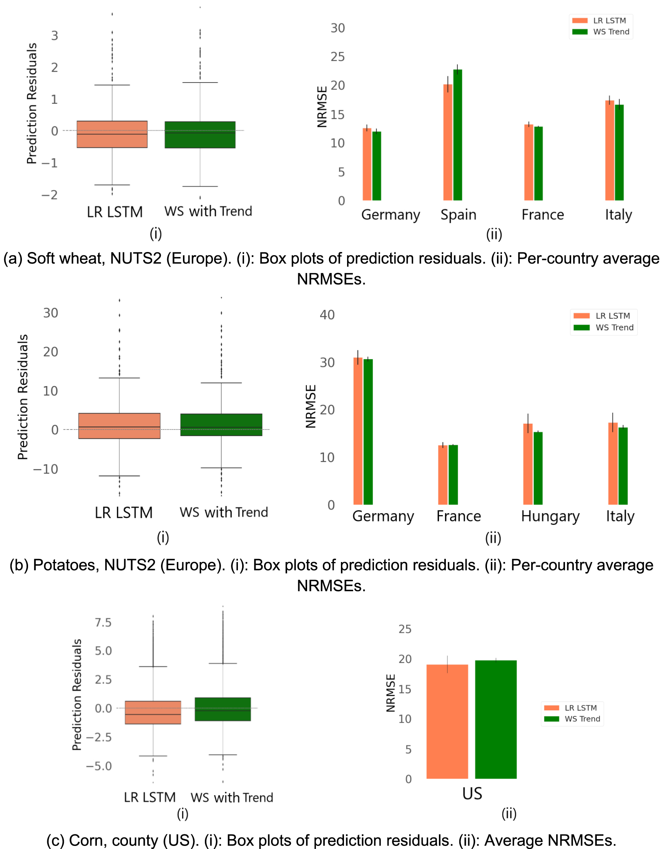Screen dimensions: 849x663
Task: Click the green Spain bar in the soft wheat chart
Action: pos(458,136)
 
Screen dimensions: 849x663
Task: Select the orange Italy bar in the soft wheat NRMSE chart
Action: pos(609,152)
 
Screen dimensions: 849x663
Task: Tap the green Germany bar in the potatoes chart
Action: pos(368,431)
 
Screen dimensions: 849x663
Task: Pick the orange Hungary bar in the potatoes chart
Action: pos(528,464)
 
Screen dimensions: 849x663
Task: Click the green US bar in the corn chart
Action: pos(496,719)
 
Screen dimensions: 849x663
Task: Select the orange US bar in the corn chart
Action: pos(447,721)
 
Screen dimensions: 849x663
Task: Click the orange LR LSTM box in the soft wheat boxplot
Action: pos(112,134)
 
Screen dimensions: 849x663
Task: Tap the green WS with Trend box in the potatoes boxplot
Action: pos(221,424)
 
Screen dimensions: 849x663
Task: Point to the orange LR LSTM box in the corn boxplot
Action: pos(153,712)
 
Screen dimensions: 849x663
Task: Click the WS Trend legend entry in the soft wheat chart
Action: pos(611,32)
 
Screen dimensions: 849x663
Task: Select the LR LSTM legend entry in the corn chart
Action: pos(580,708)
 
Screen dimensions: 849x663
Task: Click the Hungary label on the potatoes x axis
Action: pos(550,516)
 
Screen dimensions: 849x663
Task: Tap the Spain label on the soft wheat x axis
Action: pos(458,215)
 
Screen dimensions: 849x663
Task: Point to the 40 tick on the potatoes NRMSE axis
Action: pos(327,315)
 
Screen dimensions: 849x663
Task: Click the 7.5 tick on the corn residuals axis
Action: pos(103,623)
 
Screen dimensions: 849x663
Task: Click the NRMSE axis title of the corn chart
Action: pos(390,693)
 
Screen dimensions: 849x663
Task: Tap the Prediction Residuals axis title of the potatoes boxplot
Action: pos(23,397)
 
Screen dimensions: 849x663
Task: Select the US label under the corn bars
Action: pos(472,793)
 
